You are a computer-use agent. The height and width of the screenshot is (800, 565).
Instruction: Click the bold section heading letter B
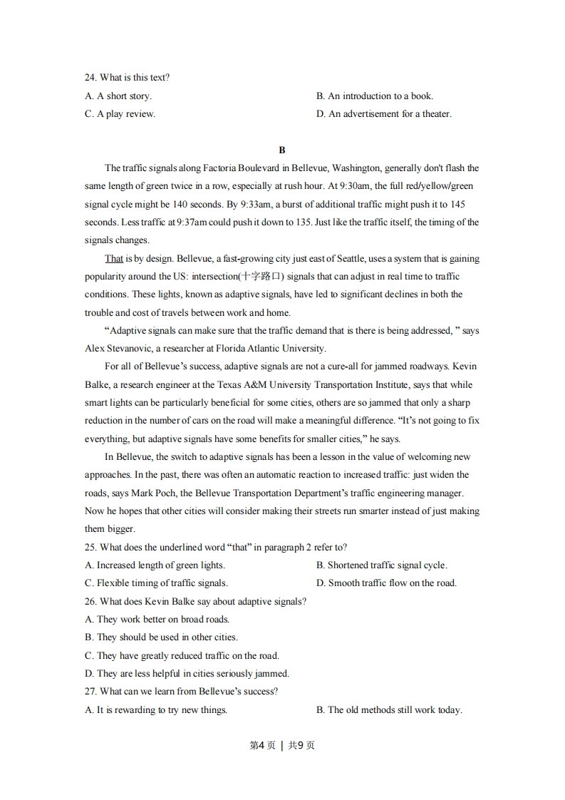(282, 150)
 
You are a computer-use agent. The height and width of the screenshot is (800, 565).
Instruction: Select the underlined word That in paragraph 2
(114, 258)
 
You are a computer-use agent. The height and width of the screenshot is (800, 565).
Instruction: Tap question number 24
(90, 78)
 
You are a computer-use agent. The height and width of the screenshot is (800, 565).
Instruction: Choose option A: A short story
(118, 96)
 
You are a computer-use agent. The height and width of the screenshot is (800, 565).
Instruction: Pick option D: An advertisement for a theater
(383, 114)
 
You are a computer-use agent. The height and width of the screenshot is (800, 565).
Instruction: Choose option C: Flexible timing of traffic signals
(156, 583)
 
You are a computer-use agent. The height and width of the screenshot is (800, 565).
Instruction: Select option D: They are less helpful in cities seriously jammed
(187, 673)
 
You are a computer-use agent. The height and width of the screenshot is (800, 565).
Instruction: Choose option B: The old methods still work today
(389, 709)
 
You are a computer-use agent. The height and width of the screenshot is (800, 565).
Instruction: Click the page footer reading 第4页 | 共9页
(282, 746)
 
